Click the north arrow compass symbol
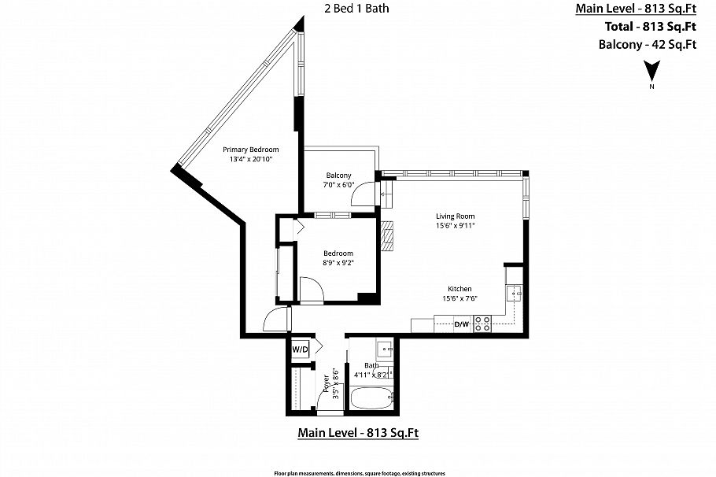point(651,73)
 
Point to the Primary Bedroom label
point(250,150)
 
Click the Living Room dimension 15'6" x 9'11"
point(456,226)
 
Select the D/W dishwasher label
point(462,324)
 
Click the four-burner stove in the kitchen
point(482,324)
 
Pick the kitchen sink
point(515,294)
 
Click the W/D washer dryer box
point(300,349)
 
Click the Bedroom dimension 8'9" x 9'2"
point(338,264)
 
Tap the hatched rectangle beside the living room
point(386,235)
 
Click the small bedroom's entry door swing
point(311,289)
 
